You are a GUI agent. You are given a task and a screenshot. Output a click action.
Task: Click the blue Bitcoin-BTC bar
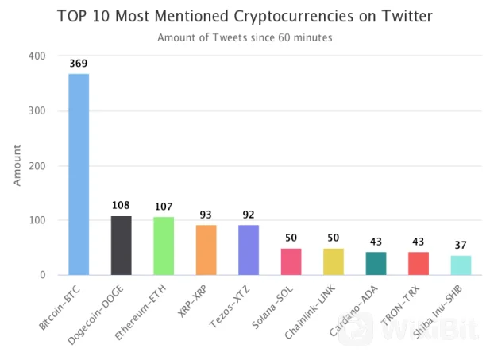pyautogui.click(x=79, y=175)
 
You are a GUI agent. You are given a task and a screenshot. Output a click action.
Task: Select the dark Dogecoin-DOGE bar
pyautogui.click(x=121, y=246)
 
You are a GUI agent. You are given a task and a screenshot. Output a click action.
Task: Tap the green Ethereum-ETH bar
pyautogui.click(x=164, y=246)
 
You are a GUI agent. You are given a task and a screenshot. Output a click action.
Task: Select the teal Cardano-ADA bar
pyautogui.click(x=376, y=264)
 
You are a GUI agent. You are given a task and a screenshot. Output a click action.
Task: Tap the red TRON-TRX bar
pyautogui.click(x=419, y=264)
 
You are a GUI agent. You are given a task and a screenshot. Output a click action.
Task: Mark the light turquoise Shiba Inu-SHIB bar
pyautogui.click(x=461, y=265)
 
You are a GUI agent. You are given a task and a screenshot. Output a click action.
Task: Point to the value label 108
pyautogui.click(x=121, y=205)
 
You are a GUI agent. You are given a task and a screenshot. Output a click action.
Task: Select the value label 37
pyautogui.click(x=461, y=244)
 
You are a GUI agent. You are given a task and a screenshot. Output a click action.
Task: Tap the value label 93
pyautogui.click(x=206, y=214)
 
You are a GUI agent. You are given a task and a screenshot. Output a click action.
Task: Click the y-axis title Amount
pyautogui.click(x=17, y=166)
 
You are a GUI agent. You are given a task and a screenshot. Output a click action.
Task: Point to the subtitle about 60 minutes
pyautogui.click(x=245, y=37)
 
